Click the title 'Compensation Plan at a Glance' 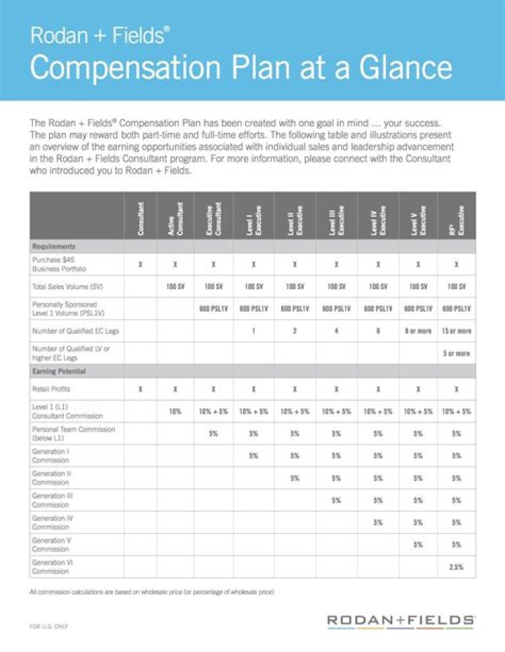pos(241,68)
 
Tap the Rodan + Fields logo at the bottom pos(400,620)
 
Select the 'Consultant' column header pos(141,218)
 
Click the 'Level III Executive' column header pos(337,218)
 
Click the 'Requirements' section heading pos(54,247)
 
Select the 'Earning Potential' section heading pos(59,370)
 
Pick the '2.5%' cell pos(457,567)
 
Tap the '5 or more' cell pos(457,354)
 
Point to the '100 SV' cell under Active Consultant pos(175,287)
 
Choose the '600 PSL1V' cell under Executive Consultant pos(213,309)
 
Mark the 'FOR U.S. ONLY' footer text pos(49,625)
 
